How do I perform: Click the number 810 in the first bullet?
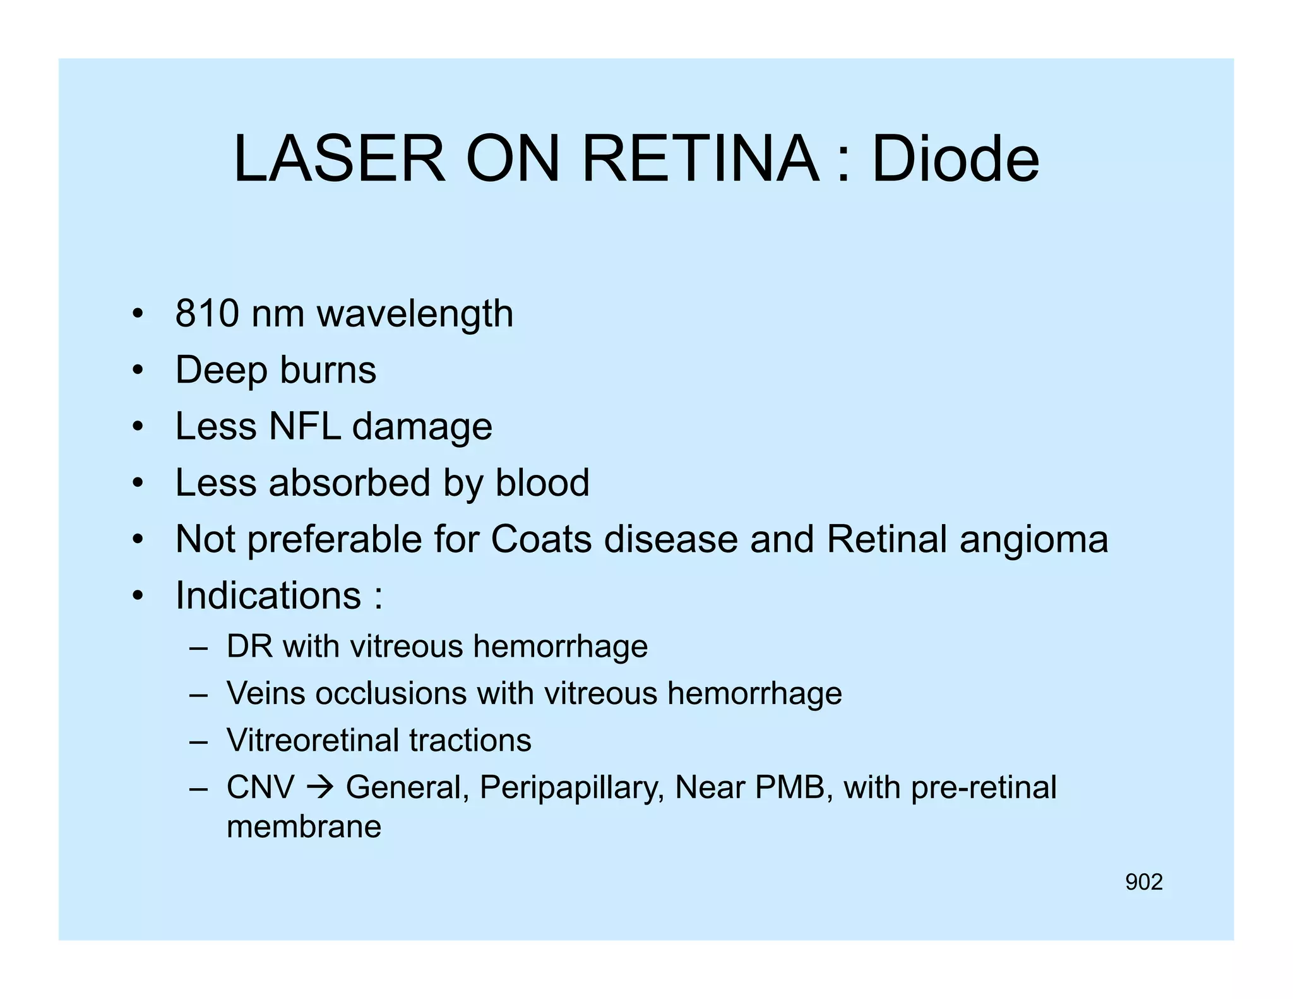point(207,313)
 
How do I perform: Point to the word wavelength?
point(415,314)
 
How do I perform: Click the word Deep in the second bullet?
point(221,371)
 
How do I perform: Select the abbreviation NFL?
point(304,426)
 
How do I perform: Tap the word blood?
point(542,482)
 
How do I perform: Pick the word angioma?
point(1034,541)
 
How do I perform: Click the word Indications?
point(268,595)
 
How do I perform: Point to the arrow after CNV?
point(320,787)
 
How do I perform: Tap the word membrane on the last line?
point(304,826)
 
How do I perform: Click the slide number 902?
point(1144,882)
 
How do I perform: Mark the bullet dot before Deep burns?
point(138,371)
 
